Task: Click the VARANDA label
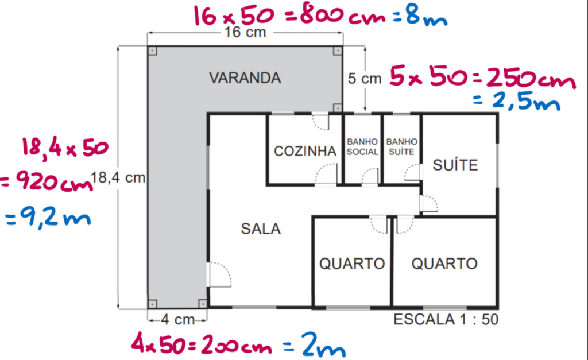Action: (x=245, y=78)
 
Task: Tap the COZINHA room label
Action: (x=305, y=151)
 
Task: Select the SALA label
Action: (x=261, y=229)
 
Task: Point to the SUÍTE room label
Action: (x=455, y=164)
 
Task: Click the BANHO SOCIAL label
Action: (x=362, y=146)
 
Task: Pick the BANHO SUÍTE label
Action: (x=401, y=146)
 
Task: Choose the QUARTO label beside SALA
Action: (x=352, y=264)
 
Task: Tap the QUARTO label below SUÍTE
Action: (x=444, y=264)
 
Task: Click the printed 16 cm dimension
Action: (x=245, y=33)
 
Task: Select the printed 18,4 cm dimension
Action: (x=118, y=177)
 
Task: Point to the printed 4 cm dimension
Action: (x=178, y=320)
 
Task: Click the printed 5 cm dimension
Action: (x=365, y=79)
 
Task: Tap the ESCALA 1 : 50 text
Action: (x=446, y=319)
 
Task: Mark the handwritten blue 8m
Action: (x=427, y=17)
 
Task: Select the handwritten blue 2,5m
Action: (x=517, y=101)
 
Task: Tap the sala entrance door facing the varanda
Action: (x=219, y=274)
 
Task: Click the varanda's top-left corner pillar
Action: (x=152, y=51)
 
